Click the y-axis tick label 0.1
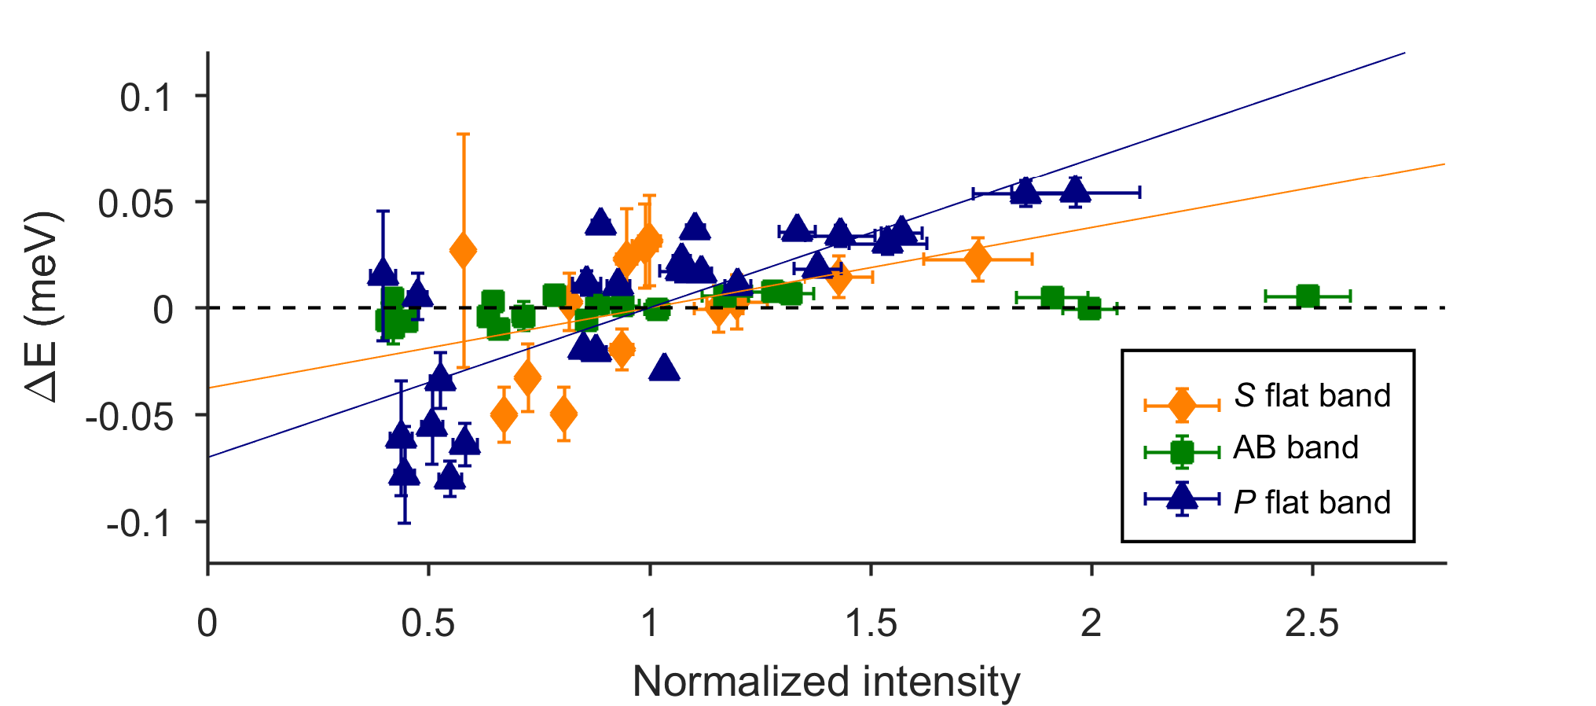tap(145, 99)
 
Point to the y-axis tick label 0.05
tap(134, 204)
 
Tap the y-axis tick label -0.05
tap(129, 417)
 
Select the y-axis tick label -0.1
tap(140, 524)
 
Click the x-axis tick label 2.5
tap(1312, 624)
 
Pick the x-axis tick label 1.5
tap(871, 624)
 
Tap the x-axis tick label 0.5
tap(428, 624)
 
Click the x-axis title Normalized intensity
tap(826, 681)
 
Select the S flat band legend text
tap(1312, 395)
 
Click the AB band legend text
tap(1296, 448)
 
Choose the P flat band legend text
tap(1312, 502)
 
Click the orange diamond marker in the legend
tap(1182, 405)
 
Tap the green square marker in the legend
tap(1182, 452)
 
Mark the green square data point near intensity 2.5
tap(1308, 296)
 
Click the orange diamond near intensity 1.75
tap(978, 259)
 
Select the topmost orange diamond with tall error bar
tap(463, 251)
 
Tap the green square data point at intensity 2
tap(1089, 308)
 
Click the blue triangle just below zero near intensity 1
tap(664, 367)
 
